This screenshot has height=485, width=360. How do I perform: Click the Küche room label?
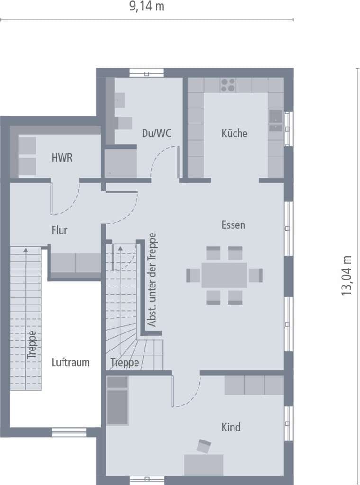point(234,133)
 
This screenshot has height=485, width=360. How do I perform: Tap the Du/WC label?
point(156,133)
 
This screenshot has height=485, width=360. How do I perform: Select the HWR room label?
point(62,158)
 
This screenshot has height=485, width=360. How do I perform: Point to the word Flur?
point(59,230)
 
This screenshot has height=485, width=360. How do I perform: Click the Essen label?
point(233,225)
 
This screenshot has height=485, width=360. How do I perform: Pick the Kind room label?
point(231,427)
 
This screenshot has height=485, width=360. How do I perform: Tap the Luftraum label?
point(71,362)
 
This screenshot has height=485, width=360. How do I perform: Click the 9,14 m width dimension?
point(146,6)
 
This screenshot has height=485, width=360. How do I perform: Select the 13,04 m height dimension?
point(347,276)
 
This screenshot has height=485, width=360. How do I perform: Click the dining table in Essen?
point(224,275)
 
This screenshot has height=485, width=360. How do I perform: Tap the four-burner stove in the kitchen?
point(228,85)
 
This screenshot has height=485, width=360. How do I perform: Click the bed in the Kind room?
point(117,400)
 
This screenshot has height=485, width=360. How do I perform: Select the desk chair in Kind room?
point(204,446)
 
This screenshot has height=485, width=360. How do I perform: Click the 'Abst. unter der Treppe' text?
point(152,279)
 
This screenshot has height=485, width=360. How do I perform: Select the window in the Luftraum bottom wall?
point(69,432)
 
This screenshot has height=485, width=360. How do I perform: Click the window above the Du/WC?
point(146,72)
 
